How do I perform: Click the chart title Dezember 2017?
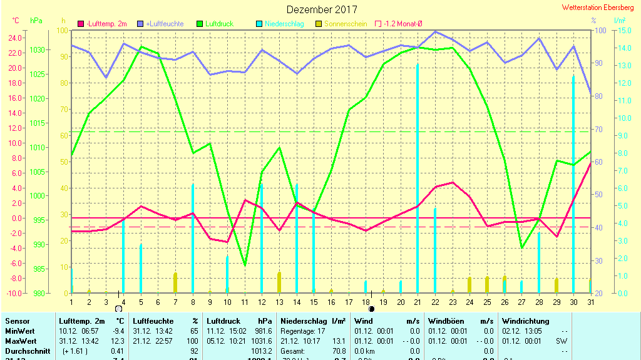pyautogui.click(x=322, y=9)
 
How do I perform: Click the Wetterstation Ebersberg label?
pyautogui.click(x=598, y=8)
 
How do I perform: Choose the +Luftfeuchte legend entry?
pyautogui.click(x=159, y=24)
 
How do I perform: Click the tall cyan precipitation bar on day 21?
pyautogui.click(x=418, y=175)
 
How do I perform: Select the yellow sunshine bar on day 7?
pyautogui.click(x=175, y=282)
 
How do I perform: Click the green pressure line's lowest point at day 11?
pyautogui.click(x=245, y=265)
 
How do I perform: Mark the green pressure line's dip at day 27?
pyautogui.click(x=521, y=248)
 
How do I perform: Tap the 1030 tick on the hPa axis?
pyautogui.click(x=37, y=50)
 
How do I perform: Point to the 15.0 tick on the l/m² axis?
pyautogui.click(x=620, y=31)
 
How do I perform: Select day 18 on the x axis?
pyautogui.click(x=366, y=302)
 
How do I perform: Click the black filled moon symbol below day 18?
pyautogui.click(x=371, y=309)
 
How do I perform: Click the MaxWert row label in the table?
pyautogui.click(x=19, y=341)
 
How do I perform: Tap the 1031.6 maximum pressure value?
pyautogui.click(x=262, y=341)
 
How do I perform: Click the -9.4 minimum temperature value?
pyautogui.click(x=117, y=331)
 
